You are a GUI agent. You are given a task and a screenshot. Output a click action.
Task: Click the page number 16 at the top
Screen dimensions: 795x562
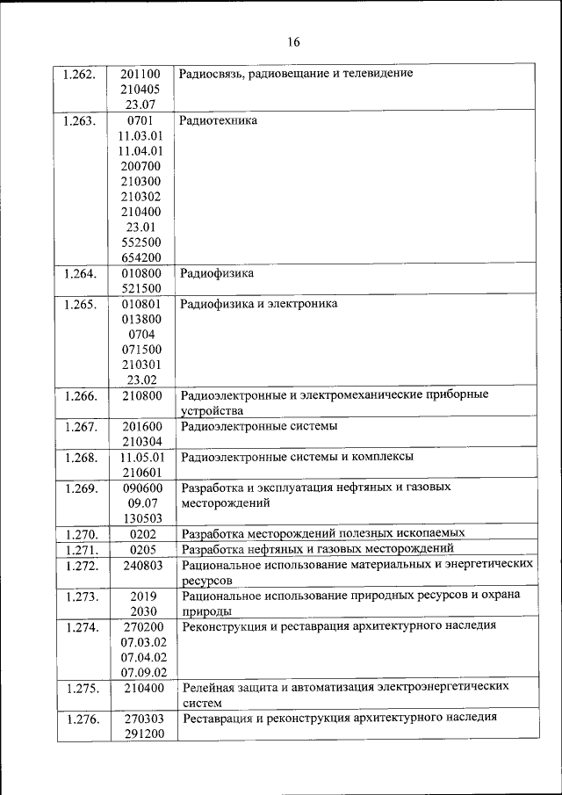pos(293,42)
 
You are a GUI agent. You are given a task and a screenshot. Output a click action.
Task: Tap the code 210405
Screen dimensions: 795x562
pos(141,90)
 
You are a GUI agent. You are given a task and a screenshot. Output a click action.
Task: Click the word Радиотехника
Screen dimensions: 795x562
pos(219,120)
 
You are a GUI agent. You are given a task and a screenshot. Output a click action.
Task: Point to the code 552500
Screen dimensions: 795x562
pos(141,242)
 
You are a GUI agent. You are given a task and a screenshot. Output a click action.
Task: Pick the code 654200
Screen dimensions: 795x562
pos(141,257)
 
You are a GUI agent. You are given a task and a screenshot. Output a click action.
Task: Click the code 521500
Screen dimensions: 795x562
pos(141,288)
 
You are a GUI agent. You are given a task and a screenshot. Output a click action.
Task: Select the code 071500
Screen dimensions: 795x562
pos(141,349)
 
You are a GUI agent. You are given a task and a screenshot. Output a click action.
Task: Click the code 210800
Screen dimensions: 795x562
pos(141,395)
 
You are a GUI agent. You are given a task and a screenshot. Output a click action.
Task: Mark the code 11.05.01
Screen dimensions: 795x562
pos(141,457)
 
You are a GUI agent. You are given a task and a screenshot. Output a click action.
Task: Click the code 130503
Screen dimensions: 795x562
pos(141,517)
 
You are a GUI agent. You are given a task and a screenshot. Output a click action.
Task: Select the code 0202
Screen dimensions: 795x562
pos(141,533)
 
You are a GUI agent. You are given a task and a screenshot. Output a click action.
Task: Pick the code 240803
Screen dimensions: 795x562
pos(141,565)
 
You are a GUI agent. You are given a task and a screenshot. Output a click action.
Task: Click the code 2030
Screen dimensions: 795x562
pos(141,611)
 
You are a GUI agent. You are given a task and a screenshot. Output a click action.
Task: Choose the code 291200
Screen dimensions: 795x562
pos(141,733)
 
